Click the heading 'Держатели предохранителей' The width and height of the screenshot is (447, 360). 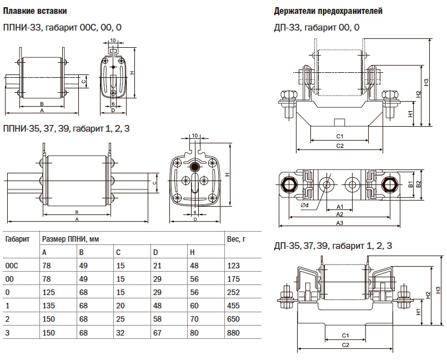(x=328, y=11)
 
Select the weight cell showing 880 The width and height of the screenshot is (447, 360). (x=234, y=333)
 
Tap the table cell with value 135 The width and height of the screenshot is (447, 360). (x=48, y=306)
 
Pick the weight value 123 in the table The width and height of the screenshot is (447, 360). (x=234, y=266)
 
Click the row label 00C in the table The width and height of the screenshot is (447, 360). (x=12, y=266)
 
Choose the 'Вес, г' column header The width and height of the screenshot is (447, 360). (x=236, y=239)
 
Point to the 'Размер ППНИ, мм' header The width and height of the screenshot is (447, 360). (x=71, y=239)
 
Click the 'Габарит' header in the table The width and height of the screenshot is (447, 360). (x=17, y=239)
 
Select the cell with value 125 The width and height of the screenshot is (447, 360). (x=48, y=293)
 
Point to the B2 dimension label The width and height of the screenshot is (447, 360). (x=419, y=184)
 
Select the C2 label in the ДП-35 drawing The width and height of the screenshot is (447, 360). (x=345, y=345)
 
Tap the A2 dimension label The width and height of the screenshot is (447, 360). (x=340, y=214)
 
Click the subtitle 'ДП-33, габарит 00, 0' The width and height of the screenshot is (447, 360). (x=317, y=27)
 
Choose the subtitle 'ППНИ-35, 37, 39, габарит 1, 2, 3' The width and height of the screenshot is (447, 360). (x=67, y=129)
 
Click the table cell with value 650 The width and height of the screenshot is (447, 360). (x=234, y=319)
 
